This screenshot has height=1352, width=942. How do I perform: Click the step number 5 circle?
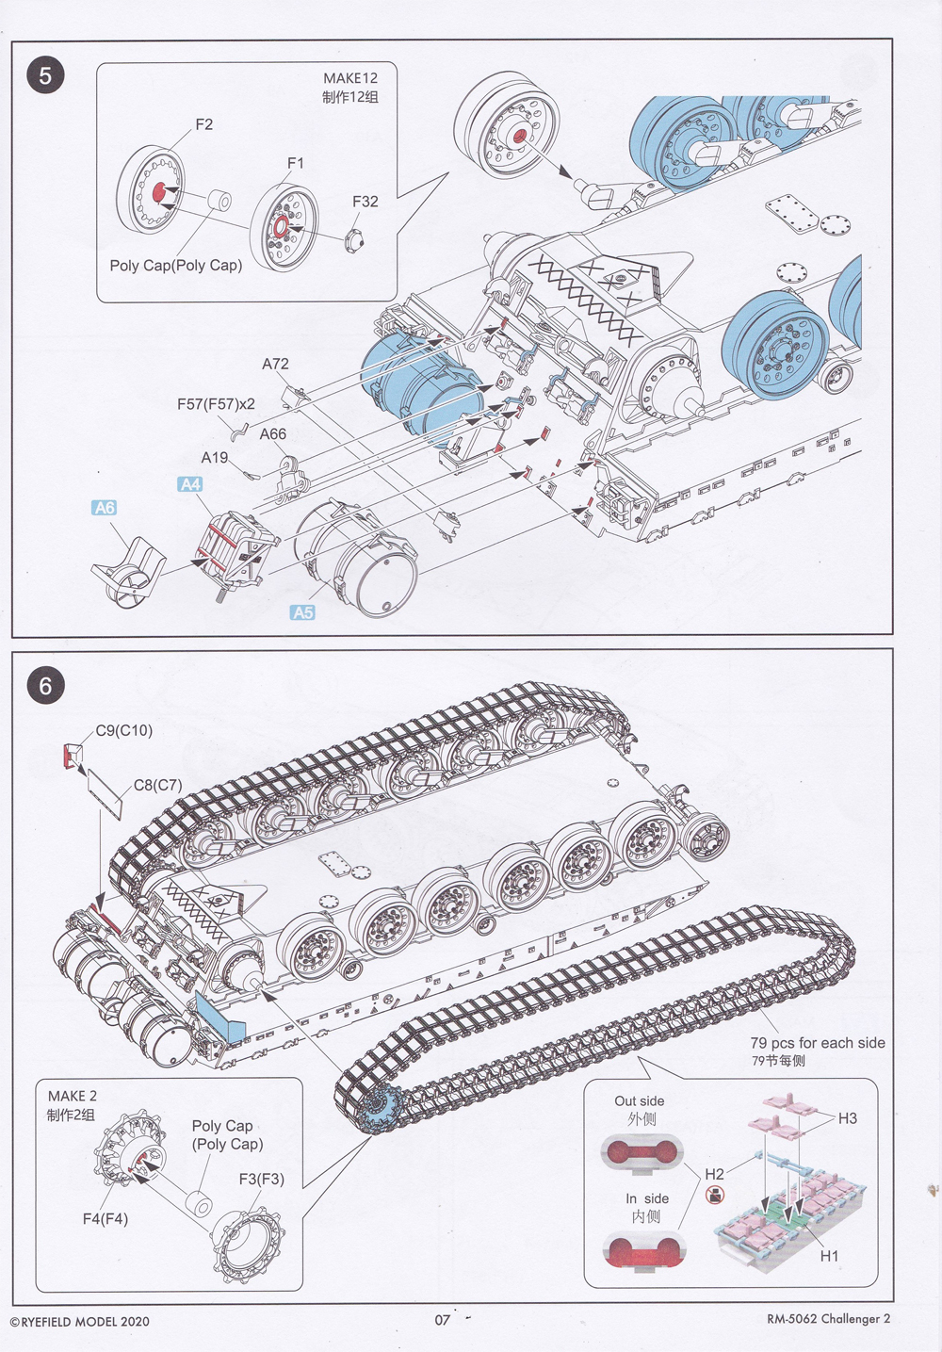45,74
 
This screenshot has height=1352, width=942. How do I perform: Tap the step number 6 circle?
45,685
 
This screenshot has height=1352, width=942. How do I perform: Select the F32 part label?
365,202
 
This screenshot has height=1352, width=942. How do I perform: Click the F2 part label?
203,124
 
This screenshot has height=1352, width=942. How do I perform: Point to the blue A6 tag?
105,508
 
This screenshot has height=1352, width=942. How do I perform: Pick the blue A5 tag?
302,612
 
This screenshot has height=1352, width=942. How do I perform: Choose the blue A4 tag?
190,484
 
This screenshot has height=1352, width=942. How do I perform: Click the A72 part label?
275,364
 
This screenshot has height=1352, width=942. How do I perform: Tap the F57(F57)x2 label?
216,404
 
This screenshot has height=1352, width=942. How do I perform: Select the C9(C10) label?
123,730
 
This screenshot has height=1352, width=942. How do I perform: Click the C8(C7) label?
157,785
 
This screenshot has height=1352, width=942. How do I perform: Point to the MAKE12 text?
349,79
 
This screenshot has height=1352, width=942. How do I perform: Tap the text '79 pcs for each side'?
818,1043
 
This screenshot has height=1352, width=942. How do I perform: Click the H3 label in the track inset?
848,1118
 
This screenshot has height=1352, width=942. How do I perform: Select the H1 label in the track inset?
829,1256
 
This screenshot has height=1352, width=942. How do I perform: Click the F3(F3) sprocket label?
261,1179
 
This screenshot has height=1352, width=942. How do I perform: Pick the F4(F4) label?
105,1218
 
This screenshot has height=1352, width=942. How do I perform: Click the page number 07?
443,1320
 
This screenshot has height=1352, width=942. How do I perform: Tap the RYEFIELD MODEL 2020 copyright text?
79,1321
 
